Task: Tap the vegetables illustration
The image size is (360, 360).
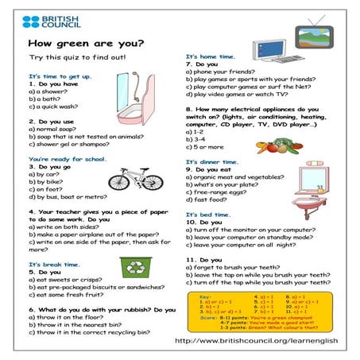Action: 277,146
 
